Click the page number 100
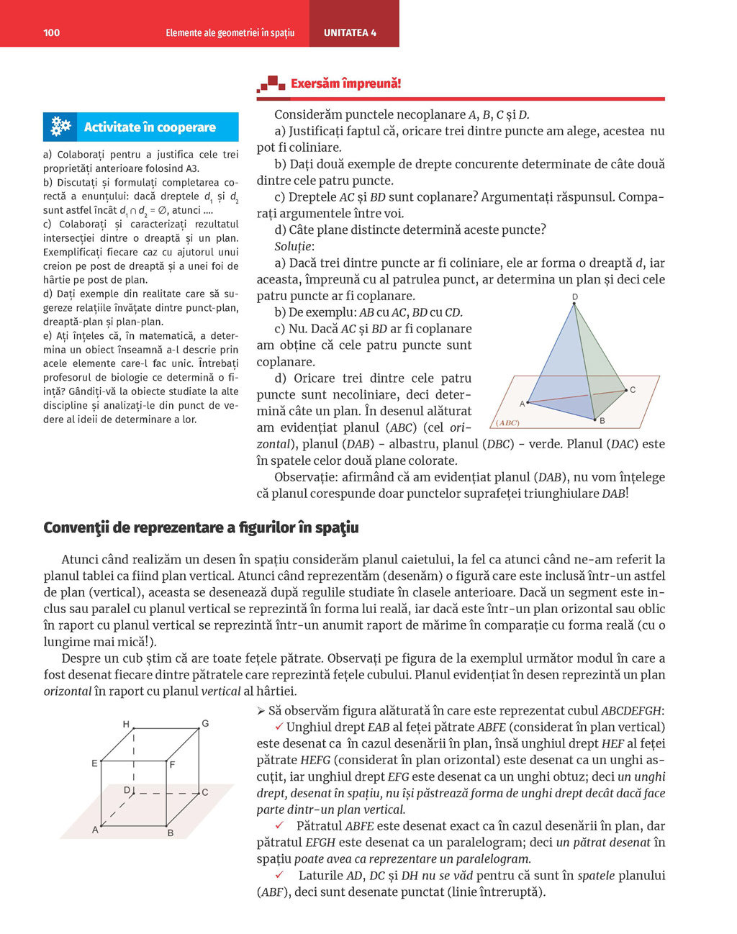click(52, 32)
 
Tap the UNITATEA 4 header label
click(350, 32)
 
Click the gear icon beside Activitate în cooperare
click(61, 127)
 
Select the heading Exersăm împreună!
click(345, 83)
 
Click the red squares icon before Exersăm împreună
click(271, 84)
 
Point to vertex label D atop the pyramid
click(575, 296)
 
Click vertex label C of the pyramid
click(633, 390)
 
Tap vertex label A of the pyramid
click(523, 404)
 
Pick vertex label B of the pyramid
click(602, 421)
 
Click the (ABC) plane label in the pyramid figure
click(507, 422)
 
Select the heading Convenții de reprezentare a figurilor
click(201, 527)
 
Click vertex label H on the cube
click(126, 724)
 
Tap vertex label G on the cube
click(205, 723)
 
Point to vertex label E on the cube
click(94, 763)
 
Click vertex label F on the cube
click(173, 764)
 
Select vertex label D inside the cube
click(127, 790)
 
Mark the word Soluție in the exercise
click(294, 247)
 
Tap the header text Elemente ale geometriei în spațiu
click(230, 32)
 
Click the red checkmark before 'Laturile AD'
click(279, 875)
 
